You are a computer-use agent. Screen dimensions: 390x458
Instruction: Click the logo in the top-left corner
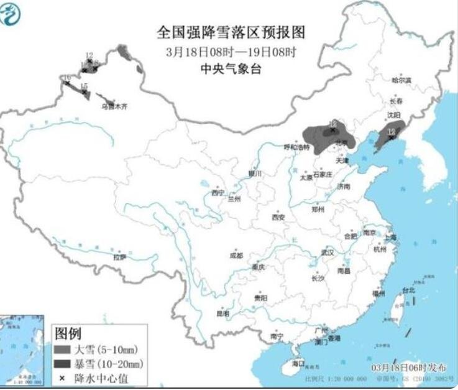(12, 14)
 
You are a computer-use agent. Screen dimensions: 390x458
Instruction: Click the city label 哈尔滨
(401, 80)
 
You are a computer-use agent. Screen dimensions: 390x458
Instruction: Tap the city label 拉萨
(119, 256)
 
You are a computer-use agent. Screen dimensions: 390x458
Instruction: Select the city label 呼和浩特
(296, 147)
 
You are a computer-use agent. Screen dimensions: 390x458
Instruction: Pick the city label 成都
(236, 255)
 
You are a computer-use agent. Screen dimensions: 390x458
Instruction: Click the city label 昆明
(222, 313)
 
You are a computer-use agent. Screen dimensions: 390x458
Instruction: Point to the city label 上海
(390, 237)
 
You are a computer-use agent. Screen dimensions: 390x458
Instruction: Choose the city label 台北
(408, 290)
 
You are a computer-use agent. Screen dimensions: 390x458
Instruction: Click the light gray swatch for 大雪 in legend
(62, 350)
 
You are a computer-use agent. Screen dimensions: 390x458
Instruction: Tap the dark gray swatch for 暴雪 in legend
(62, 363)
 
